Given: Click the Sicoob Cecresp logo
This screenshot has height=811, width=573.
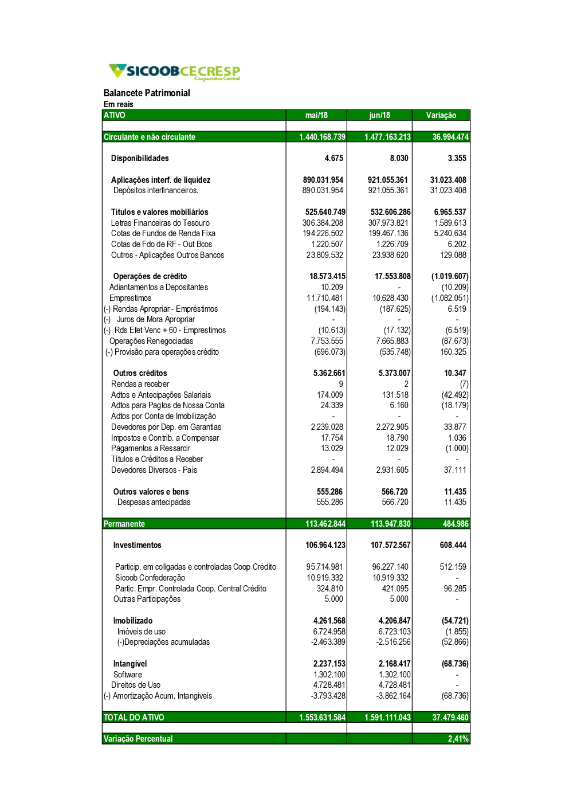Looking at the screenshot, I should coord(174,72).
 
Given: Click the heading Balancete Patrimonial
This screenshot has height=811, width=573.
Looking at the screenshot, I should coord(147,93).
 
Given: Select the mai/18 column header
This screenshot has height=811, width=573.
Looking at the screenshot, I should coord(316,115).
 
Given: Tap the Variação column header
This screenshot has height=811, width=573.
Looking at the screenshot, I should coord(441,115).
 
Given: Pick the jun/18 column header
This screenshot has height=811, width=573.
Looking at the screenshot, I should coord(379,115).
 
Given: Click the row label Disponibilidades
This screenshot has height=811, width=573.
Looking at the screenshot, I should coord(140,158).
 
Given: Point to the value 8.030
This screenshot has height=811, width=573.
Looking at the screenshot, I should coord(399,158).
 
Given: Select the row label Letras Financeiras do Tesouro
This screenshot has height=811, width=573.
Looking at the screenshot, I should coord(160,223).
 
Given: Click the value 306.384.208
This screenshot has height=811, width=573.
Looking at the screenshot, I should coord(323,223).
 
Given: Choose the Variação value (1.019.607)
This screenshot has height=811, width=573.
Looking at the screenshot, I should coord(450,276).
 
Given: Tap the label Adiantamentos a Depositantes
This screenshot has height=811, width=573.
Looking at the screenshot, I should coord(159,287).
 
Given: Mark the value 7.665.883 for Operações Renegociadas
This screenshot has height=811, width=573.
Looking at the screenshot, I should coord(392,341).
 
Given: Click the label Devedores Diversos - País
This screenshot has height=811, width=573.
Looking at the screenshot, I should coord(154,470).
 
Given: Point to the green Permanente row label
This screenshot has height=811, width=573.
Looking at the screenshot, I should coord(124,524).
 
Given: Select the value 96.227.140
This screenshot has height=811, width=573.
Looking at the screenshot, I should coord(390,567).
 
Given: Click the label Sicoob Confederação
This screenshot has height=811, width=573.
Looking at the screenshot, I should coord(150,578).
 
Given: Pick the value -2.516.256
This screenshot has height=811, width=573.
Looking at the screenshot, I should coord(393,642).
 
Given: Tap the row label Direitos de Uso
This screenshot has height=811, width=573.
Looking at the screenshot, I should coord(136,685).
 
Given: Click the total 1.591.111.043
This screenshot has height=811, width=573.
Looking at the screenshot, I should coord(387,718).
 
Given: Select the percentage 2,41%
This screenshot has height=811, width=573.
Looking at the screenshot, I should coord(458,739).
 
